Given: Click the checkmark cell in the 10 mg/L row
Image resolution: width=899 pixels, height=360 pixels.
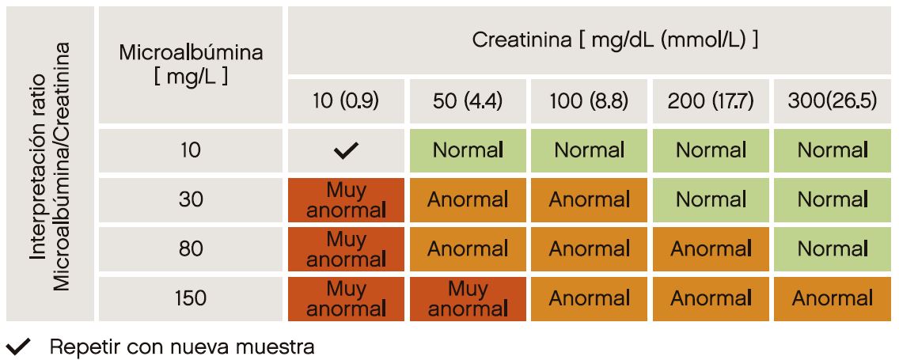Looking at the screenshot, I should click(346, 150).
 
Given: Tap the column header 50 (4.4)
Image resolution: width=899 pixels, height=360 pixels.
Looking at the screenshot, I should click(468, 101).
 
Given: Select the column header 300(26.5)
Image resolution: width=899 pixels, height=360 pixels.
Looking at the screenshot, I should click(832, 101).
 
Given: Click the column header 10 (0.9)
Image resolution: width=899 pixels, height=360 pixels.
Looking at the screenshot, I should click(346, 101).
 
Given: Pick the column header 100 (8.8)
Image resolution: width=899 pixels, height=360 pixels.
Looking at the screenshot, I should click(589, 101).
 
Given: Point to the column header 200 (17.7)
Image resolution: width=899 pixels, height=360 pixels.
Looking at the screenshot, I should click(711, 101).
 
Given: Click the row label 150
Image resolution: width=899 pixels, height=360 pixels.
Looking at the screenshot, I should click(190, 298).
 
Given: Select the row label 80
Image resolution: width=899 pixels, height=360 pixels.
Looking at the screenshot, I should click(190, 249).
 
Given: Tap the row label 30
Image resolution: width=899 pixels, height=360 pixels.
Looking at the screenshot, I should click(190, 199).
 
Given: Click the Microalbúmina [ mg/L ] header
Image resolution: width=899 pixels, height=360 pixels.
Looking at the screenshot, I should click(190, 64).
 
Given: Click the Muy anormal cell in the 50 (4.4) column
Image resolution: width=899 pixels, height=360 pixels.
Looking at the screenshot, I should click(468, 298).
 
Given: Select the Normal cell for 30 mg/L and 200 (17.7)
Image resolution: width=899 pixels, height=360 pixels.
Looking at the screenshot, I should click(711, 199).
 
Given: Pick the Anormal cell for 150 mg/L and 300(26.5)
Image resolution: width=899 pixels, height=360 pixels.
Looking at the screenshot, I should click(832, 298).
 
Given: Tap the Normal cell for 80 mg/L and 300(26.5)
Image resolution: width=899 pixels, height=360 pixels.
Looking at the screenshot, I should click(832, 249).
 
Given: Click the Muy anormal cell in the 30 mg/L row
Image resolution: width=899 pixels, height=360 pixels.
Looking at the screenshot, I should click(346, 199).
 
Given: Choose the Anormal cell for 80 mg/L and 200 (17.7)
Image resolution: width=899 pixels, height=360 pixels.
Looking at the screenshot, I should click(711, 249).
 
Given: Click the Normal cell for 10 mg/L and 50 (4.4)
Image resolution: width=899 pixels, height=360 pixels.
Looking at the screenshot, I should click(468, 150).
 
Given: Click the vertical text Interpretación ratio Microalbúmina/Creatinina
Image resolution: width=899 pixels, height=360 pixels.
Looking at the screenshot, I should click(49, 164).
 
